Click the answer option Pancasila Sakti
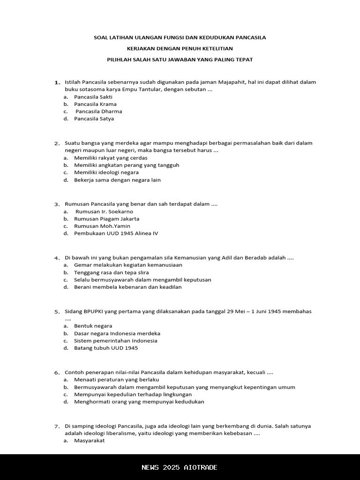click(93, 97)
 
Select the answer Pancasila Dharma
click(98, 112)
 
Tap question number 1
click(57, 82)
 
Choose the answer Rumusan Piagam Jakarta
click(106, 219)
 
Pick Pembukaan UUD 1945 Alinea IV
click(116, 233)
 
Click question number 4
click(57, 258)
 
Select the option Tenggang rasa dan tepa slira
click(111, 272)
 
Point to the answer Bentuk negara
click(93, 326)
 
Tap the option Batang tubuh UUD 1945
click(106, 348)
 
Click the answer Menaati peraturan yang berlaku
click(116, 379)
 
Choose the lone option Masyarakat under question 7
click(89, 441)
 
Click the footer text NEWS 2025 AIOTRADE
click(180, 467)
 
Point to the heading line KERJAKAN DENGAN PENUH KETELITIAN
click(180, 48)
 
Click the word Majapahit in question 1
click(232, 82)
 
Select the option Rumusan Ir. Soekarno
click(104, 211)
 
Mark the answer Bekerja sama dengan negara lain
click(117, 180)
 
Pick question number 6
click(57, 373)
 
